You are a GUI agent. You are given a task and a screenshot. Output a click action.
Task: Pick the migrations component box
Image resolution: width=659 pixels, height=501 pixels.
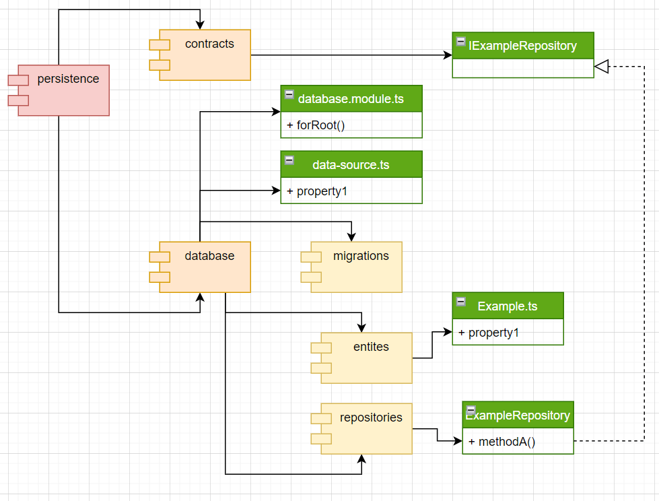356,267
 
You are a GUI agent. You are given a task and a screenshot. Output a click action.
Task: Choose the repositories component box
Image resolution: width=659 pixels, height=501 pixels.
366,429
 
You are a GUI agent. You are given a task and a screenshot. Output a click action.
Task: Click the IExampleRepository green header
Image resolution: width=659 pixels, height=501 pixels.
523,46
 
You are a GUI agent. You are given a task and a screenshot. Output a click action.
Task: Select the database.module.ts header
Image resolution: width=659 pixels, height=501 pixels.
351,99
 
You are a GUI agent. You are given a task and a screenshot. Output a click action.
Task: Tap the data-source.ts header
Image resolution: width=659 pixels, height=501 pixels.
351,164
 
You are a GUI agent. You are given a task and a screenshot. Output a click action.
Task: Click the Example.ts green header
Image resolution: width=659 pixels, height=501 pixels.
508,306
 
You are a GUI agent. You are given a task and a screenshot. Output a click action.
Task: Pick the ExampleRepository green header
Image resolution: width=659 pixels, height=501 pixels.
518,415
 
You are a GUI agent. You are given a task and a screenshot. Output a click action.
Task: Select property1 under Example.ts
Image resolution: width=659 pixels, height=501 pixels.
493,333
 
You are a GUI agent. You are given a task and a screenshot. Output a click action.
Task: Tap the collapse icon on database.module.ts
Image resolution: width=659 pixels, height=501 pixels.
289,94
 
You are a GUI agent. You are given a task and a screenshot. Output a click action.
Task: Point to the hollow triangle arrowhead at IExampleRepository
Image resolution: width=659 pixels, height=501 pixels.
602,66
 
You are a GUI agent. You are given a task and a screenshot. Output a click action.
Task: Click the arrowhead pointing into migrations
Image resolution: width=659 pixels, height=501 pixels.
351,236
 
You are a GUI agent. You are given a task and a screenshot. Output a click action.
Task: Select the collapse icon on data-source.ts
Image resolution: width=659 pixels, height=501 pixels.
289,160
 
